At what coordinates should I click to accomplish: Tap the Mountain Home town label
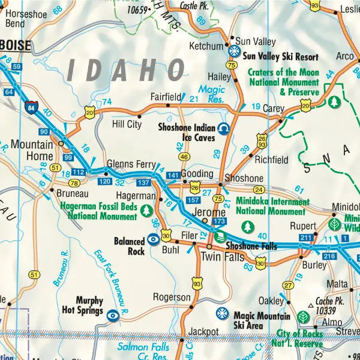click(x=32, y=151)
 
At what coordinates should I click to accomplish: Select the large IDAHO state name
click(x=126, y=70)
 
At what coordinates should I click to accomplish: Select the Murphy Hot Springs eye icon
click(x=112, y=313)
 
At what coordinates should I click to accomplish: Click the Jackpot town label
click(x=203, y=331)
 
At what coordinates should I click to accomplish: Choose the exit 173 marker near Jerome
click(x=219, y=223)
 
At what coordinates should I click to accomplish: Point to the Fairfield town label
click(x=166, y=96)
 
